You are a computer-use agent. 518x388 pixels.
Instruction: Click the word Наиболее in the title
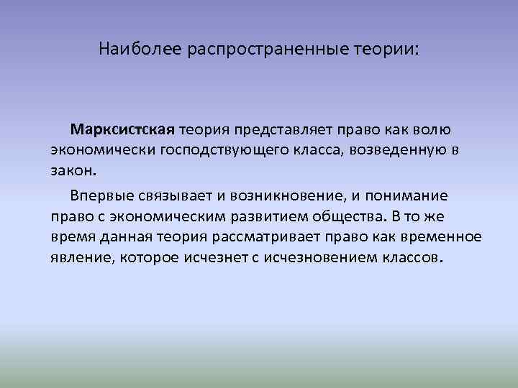pyautogui.click(x=141, y=50)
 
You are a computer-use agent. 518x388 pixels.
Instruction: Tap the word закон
pyautogui.click(x=72, y=172)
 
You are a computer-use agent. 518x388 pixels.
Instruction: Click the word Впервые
pyautogui.click(x=101, y=195)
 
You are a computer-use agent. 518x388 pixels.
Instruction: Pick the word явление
pyautogui.click(x=82, y=259)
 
